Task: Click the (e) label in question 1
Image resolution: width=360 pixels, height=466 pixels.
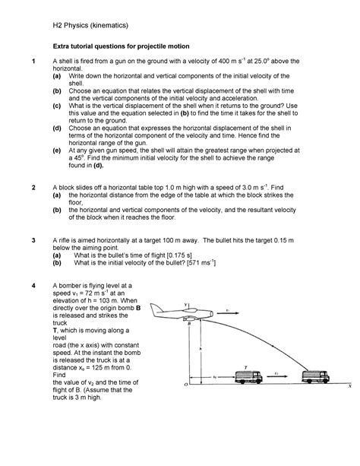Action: (57, 150)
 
